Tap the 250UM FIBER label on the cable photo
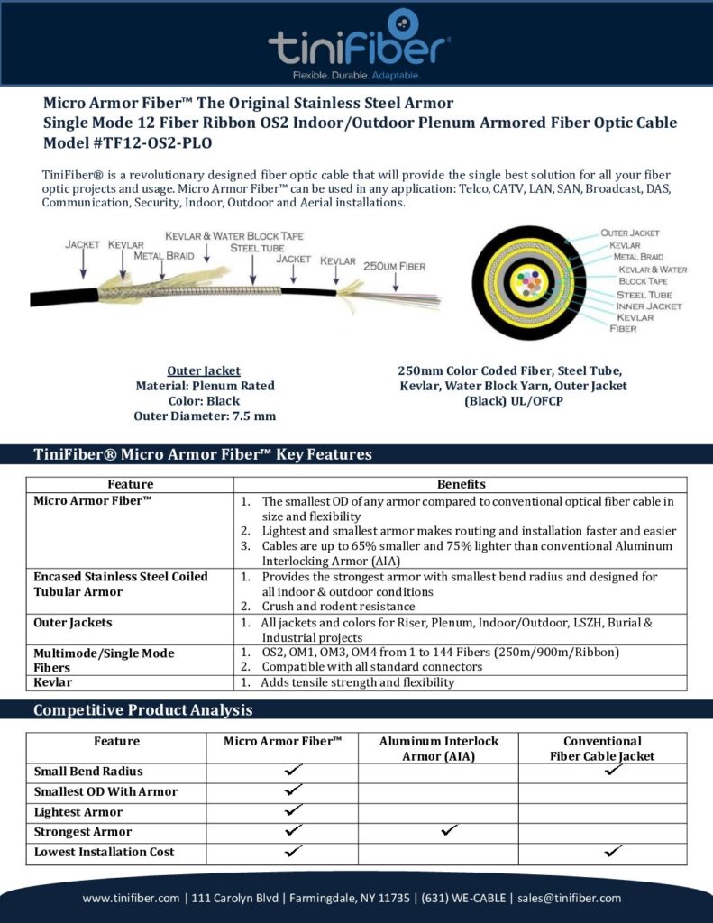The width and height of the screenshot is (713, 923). (x=394, y=266)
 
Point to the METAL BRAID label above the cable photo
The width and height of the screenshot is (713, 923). (x=164, y=255)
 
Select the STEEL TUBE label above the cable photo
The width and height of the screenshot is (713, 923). (x=257, y=247)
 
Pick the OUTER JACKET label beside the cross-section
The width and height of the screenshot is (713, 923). (x=630, y=233)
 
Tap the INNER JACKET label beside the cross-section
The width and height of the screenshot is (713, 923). (x=649, y=306)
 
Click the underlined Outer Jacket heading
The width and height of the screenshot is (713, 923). (x=204, y=370)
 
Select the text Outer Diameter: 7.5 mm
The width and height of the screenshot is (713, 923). (x=205, y=416)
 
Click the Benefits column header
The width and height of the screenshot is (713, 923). (x=461, y=484)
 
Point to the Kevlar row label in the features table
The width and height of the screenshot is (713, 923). (x=54, y=682)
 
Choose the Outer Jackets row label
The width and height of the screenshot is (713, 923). (x=73, y=622)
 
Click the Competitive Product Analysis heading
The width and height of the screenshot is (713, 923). (x=142, y=710)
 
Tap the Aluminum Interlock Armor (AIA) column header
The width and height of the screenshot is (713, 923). (x=438, y=748)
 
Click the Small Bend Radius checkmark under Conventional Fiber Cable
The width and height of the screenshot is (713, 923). (x=614, y=771)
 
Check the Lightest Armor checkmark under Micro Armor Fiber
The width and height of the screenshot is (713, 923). (x=293, y=810)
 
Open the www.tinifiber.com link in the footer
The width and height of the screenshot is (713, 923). (x=132, y=898)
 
